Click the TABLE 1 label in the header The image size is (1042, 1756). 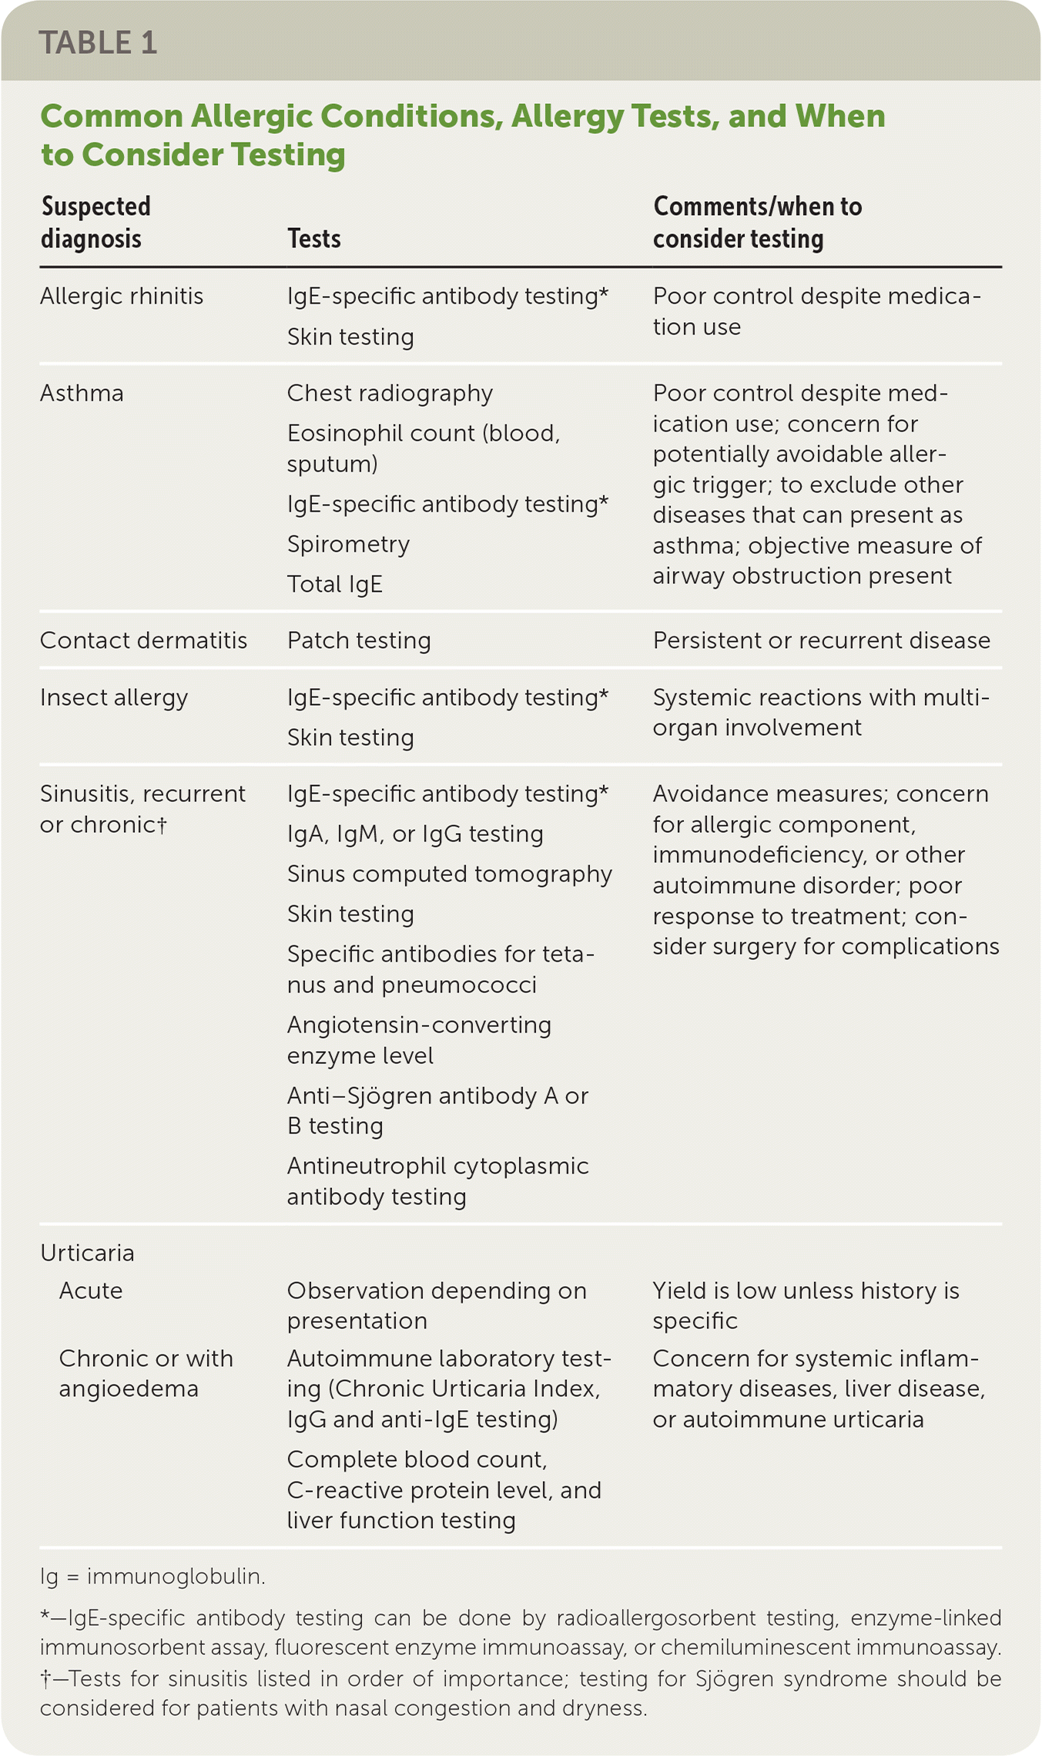coord(98,43)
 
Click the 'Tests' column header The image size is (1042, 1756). coord(313,239)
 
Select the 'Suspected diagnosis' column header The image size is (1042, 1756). coord(95,223)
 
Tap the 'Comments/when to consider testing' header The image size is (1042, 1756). coord(757,223)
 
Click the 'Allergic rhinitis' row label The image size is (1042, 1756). coord(122,297)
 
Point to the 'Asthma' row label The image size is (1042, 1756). coord(82,394)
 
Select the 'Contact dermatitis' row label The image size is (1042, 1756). coord(143,641)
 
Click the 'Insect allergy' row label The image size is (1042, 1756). coord(114,698)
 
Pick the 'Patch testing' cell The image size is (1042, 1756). coord(359,641)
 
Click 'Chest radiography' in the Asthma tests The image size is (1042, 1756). coord(390,394)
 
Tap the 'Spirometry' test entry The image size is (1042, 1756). coord(348,545)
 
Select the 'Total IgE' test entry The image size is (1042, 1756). coord(334,585)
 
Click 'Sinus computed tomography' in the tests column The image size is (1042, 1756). coord(449,875)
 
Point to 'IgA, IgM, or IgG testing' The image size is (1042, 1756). coord(415,834)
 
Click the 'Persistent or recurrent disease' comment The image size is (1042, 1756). coord(821,641)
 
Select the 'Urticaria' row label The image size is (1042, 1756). coord(87,1254)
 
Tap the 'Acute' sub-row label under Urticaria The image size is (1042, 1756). coord(91,1291)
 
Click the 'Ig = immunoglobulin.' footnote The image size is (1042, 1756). coord(152,1577)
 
